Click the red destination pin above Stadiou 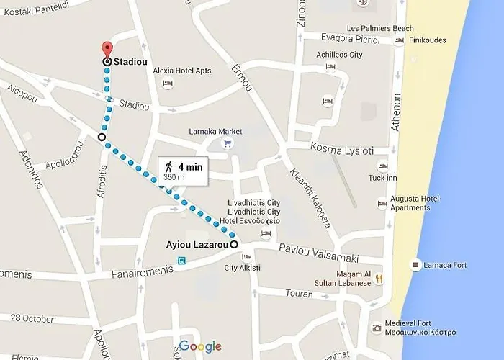[x=107, y=49]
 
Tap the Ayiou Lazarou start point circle [x=235, y=245]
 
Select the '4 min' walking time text [x=190, y=166]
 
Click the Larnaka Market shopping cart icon [x=228, y=143]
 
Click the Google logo [x=200, y=346]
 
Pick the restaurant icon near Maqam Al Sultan [x=379, y=278]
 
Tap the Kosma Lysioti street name [x=341, y=150]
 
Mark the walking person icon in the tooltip [x=168, y=166]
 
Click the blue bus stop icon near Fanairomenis [x=182, y=261]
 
